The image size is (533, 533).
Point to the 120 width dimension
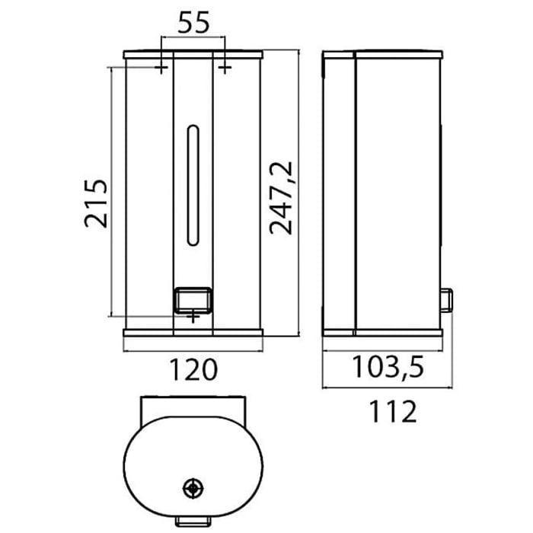193,370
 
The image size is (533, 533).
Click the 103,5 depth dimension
387,368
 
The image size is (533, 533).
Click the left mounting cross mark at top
161,69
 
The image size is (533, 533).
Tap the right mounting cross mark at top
225,69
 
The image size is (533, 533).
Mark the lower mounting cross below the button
193,314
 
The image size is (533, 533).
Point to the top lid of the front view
193,55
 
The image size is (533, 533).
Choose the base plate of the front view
193,333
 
